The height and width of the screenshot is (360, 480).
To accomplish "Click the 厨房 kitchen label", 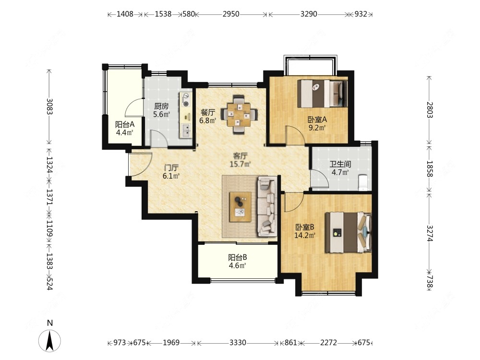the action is tap(161, 107).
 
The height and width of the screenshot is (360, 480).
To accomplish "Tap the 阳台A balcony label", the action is tap(125, 125).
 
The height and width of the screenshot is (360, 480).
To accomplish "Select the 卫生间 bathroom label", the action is tap(340, 164).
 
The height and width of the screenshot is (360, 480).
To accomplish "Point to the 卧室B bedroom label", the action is tap(305, 228).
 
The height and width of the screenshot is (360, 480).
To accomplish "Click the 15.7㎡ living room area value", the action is tap(240, 164).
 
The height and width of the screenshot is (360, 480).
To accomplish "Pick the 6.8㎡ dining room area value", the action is tap(208, 120).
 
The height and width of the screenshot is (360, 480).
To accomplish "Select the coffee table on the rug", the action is tap(240, 207).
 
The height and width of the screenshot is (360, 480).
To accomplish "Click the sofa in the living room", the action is tap(266, 206).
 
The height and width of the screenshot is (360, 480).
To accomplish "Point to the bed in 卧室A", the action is tap(323, 94).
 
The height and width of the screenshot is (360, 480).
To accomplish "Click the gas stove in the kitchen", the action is tap(186, 100).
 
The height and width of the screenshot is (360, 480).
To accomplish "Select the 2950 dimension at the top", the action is tap(231, 14).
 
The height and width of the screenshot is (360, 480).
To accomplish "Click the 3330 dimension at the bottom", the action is tap(238, 343).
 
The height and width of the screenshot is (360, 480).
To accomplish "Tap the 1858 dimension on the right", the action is tap(430, 168).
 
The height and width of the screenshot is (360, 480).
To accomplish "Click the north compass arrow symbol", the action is tap(49, 341).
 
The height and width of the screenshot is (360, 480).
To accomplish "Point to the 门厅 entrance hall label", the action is tap(171, 168).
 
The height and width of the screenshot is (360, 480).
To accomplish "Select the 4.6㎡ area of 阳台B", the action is tap(238, 265).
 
